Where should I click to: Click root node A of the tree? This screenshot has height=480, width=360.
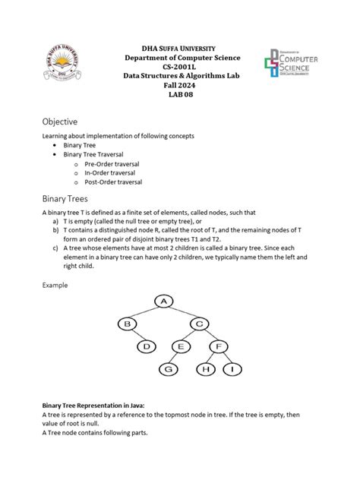tap(163, 302)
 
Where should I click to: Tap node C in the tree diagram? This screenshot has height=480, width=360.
tap(199, 324)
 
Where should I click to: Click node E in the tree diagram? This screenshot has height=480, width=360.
tap(181, 347)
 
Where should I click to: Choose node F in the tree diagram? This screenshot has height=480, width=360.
tap(219, 347)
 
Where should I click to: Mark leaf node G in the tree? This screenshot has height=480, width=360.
tap(169, 370)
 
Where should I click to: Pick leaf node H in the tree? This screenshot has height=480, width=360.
tap(207, 370)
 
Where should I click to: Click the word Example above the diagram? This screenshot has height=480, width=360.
tap(55, 286)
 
